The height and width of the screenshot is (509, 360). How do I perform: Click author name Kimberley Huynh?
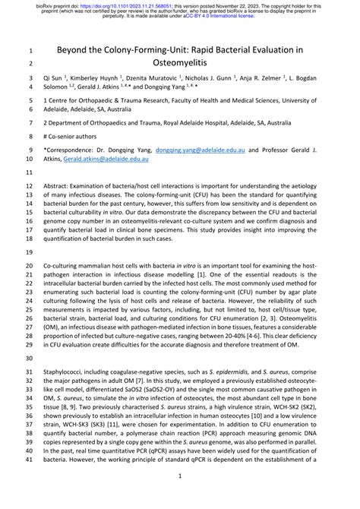pyautogui.click(x=99, y=78)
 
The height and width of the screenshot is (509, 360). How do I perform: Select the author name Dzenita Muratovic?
pyautogui.click(x=161, y=78)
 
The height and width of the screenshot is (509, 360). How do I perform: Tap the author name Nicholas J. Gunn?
pyautogui.click(x=222, y=78)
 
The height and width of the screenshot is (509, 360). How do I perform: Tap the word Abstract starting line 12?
pyautogui.click(x=61, y=185)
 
